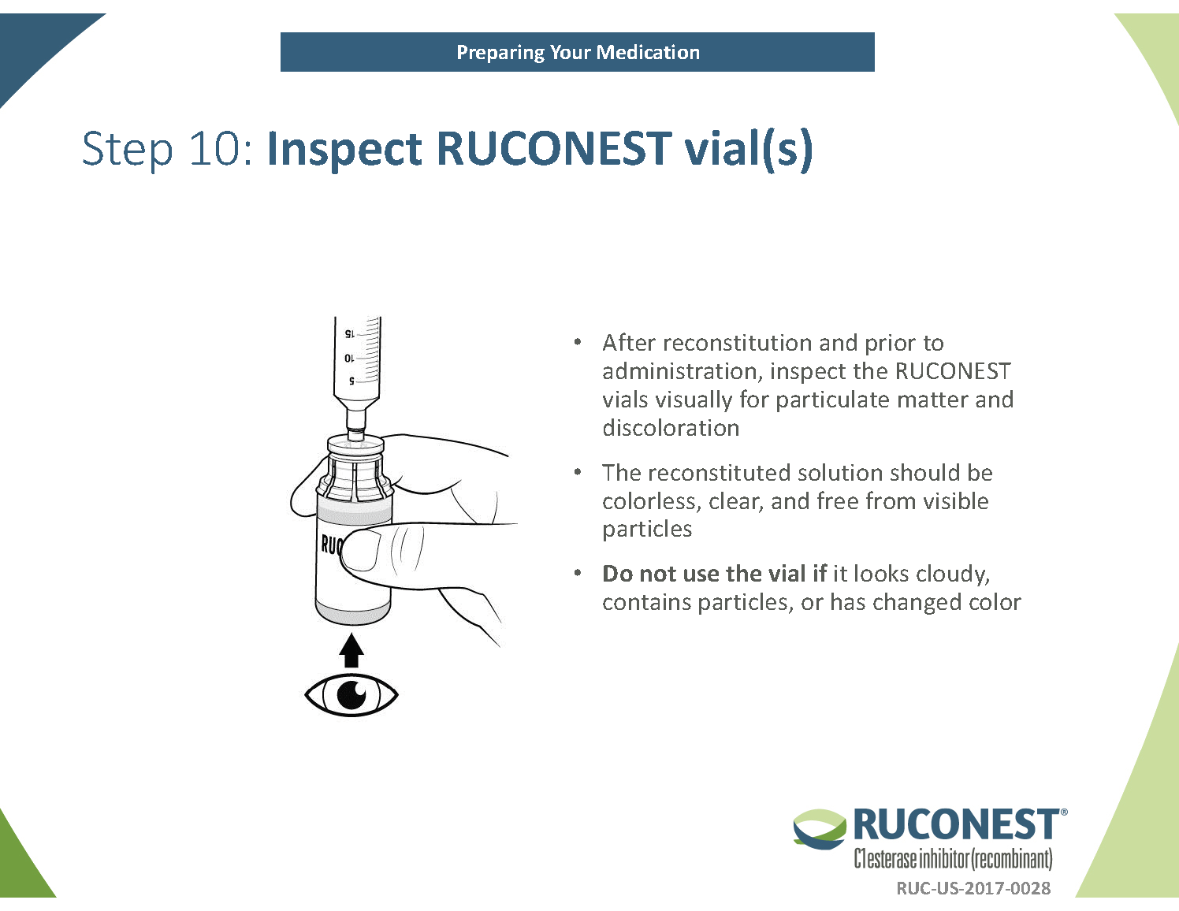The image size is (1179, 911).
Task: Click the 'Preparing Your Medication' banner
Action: tap(577, 52)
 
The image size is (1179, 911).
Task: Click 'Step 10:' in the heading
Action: tap(167, 148)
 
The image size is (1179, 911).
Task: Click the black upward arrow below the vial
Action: tap(351, 651)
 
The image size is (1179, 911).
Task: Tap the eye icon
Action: tap(351, 694)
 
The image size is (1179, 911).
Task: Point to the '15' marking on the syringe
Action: tap(350, 334)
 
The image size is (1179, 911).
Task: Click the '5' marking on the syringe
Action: tap(351, 381)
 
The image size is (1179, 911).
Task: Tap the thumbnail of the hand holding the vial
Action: tap(359, 550)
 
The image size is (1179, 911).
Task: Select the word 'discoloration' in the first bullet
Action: tap(671, 428)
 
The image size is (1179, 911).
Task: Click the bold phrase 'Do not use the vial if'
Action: tap(714, 574)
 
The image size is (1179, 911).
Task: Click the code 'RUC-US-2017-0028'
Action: tap(973, 888)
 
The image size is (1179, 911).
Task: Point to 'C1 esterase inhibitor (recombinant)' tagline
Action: tap(953, 858)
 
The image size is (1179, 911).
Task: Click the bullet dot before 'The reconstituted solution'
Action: tap(578, 472)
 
